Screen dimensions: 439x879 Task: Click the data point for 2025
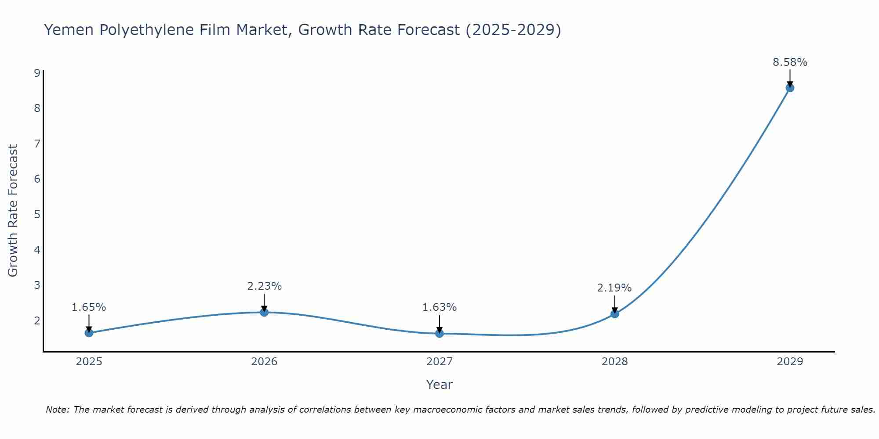coord(89,333)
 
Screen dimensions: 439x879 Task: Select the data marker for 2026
coord(264,312)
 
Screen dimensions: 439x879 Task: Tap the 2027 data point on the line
coord(439,334)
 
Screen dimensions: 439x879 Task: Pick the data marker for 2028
coord(614,314)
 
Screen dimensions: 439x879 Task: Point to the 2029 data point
coord(790,88)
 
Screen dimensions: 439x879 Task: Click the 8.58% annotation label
coord(790,62)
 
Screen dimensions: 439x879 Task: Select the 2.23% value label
coord(264,286)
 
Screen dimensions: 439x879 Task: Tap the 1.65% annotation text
coord(89,307)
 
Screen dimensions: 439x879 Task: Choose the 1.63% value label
coord(439,307)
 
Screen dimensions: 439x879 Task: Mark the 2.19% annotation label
coord(614,288)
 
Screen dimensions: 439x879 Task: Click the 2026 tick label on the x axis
coord(264,362)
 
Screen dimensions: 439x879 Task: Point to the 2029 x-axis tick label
coord(790,362)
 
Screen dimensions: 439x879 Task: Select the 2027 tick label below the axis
coord(439,362)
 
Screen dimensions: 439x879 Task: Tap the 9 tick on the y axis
coord(37,73)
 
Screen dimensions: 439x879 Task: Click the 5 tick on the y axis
coord(37,214)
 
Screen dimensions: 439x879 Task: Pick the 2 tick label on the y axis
coord(37,320)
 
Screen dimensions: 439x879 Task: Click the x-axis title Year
coord(439,385)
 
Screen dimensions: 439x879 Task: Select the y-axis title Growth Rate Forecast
coord(13,211)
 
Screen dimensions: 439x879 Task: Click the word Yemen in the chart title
coord(69,30)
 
